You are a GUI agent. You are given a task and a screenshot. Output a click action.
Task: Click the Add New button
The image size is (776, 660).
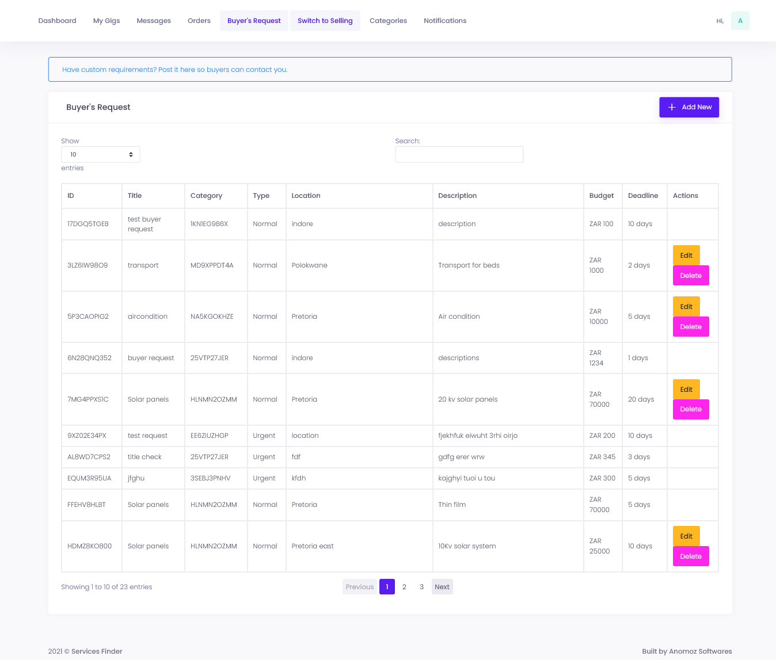(688, 107)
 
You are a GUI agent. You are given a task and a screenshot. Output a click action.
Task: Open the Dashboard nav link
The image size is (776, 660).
(57, 21)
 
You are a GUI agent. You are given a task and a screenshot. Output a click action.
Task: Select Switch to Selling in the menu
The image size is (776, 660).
(325, 21)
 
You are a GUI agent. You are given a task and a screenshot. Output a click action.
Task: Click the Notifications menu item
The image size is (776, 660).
(444, 21)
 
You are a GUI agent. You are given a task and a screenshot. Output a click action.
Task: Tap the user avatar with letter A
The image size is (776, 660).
(740, 21)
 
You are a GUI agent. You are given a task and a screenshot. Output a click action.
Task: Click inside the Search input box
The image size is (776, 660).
(459, 154)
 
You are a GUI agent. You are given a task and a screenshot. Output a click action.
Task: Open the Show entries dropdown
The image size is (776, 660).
(100, 154)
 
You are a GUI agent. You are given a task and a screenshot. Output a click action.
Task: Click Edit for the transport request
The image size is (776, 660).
(686, 255)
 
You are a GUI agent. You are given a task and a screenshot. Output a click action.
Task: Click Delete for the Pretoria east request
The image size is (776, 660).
(690, 556)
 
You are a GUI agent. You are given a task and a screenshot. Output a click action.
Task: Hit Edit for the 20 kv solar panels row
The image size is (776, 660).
(686, 390)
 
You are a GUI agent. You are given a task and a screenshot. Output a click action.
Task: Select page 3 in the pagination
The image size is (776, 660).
(421, 587)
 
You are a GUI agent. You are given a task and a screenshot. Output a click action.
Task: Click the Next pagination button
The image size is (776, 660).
(442, 587)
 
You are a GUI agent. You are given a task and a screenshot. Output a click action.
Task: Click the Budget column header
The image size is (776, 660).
(601, 196)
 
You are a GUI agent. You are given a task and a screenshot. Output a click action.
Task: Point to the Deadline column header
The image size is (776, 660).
(642, 196)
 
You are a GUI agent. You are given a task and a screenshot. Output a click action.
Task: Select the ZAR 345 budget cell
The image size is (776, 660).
(602, 457)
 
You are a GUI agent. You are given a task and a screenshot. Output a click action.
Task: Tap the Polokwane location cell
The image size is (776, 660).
(309, 265)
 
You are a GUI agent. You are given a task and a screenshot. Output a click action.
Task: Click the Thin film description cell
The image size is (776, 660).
(452, 505)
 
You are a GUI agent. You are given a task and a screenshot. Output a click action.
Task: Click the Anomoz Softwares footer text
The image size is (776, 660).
(700, 651)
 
